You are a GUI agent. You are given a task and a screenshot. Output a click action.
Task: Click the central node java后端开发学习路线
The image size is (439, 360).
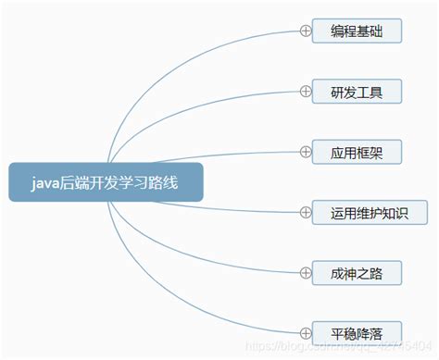(x=105, y=182)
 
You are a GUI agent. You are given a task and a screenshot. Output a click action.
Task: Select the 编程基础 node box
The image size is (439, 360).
(x=357, y=31)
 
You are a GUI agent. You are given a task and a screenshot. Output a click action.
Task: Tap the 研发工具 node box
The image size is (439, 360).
(x=357, y=91)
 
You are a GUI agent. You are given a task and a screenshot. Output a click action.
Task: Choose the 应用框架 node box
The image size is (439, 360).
(x=357, y=151)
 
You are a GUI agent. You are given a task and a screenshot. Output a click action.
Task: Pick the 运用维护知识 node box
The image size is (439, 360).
(x=369, y=212)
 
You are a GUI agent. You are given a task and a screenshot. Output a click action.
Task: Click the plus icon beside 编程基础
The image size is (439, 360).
(x=305, y=31)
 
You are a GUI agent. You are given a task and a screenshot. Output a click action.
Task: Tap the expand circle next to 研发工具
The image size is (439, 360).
(x=305, y=91)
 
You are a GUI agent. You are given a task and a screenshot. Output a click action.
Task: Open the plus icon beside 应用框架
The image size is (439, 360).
(x=305, y=151)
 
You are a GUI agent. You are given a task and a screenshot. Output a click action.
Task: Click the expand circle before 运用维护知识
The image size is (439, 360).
(x=305, y=212)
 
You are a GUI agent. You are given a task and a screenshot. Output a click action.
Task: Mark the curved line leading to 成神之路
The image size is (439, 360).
(x=232, y=262)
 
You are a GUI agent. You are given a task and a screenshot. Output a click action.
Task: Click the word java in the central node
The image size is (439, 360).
(x=46, y=182)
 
